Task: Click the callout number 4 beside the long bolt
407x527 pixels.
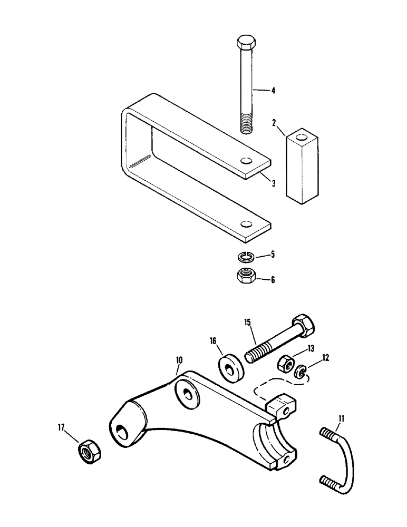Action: click(273, 90)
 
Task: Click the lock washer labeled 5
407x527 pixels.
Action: click(245, 257)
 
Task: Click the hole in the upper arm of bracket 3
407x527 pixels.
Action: click(246, 161)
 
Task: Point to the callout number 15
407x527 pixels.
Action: click(248, 323)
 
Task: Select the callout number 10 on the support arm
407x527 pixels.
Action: click(179, 360)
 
